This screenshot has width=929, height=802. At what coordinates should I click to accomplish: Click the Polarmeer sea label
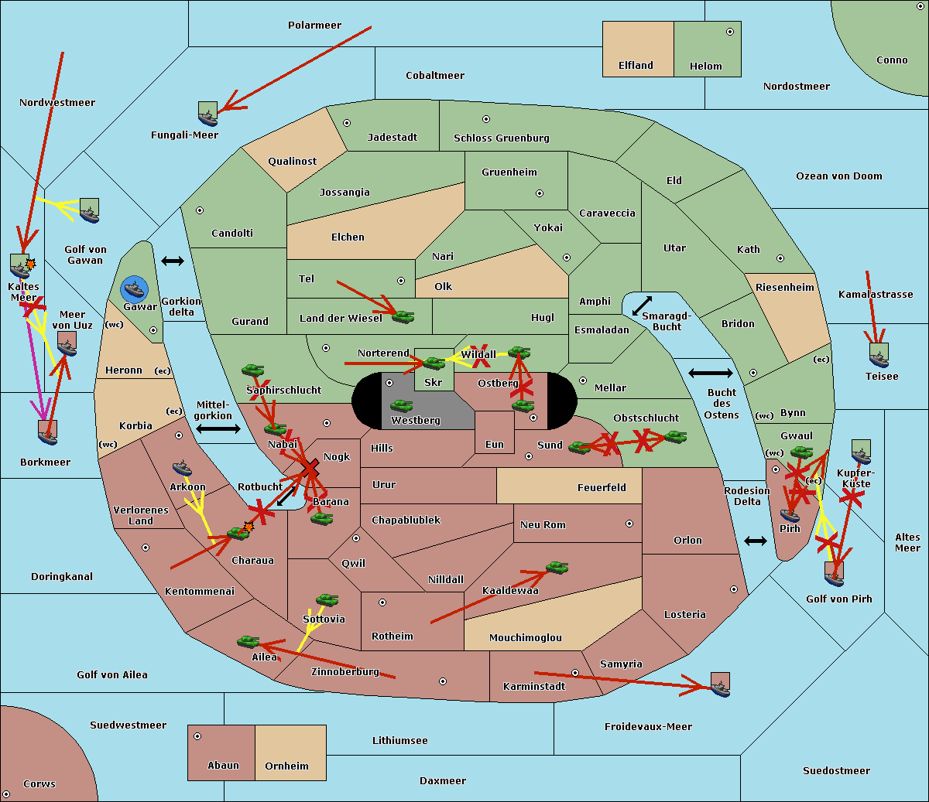[314, 26]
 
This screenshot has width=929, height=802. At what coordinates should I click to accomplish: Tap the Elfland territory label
[636, 66]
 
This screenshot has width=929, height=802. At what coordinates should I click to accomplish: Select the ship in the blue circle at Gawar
[135, 289]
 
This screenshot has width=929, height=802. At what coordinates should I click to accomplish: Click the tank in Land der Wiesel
[403, 316]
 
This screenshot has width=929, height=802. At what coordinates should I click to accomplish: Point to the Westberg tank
[401, 405]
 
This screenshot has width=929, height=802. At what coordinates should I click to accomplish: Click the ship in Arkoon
[182, 468]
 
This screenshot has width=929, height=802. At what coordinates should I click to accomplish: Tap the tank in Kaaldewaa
[557, 568]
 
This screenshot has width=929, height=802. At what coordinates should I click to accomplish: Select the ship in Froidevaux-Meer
[720, 685]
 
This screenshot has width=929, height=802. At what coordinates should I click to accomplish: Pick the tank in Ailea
[248, 641]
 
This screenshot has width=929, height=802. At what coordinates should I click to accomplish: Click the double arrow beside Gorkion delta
[172, 261]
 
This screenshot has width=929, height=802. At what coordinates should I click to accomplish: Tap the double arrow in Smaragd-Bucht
[643, 305]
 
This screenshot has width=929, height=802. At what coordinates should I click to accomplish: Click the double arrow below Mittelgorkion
[218, 428]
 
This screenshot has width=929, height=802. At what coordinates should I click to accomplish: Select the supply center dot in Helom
[729, 32]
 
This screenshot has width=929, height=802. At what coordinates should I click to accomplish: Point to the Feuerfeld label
[602, 488]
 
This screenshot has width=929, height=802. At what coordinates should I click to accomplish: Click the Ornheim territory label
[286, 766]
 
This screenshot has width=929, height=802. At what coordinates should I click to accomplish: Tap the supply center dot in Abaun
[197, 736]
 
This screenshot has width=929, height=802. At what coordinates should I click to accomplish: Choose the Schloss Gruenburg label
[501, 138]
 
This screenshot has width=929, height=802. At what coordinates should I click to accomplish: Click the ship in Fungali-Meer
[207, 114]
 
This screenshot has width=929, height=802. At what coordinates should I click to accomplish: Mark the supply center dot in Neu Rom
[629, 524]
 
